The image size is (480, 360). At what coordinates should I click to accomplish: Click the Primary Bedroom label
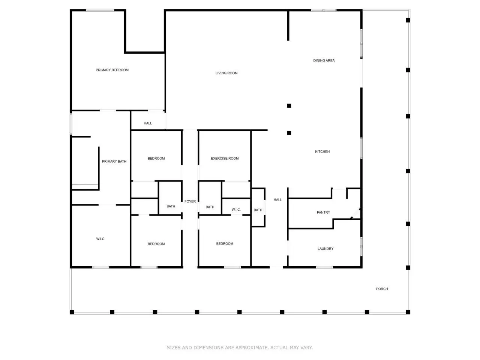coord(112,70)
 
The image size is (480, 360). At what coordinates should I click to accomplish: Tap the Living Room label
coord(226,73)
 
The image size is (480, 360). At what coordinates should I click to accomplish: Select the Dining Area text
coord(324,60)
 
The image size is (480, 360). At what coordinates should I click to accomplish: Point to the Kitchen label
coord(322,151)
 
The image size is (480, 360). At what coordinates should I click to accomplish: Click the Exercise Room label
coord(225,159)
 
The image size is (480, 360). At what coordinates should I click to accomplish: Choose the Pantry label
coord(323,212)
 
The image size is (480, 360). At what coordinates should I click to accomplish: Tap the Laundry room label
coord(325,249)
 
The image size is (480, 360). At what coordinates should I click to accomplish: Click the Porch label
coord(382,289)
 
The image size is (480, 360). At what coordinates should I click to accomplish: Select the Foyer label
coord(190,201)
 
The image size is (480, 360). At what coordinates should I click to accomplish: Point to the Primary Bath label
coord(114,162)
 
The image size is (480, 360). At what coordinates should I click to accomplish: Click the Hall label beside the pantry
coord(277,199)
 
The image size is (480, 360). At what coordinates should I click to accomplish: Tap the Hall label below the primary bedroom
coord(148,123)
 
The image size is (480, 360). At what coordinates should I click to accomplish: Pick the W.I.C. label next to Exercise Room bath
coord(236,210)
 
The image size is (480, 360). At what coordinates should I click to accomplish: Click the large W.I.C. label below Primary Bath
coord(100,239)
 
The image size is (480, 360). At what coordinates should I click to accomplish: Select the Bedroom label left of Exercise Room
coord(156,159)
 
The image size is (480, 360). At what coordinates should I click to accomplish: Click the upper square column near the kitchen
coord(289,106)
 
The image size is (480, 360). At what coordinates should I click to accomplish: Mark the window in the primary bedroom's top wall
coord(100,10)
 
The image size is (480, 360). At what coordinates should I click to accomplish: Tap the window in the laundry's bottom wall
coord(324,267)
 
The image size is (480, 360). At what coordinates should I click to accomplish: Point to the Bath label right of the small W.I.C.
coord(258,210)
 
